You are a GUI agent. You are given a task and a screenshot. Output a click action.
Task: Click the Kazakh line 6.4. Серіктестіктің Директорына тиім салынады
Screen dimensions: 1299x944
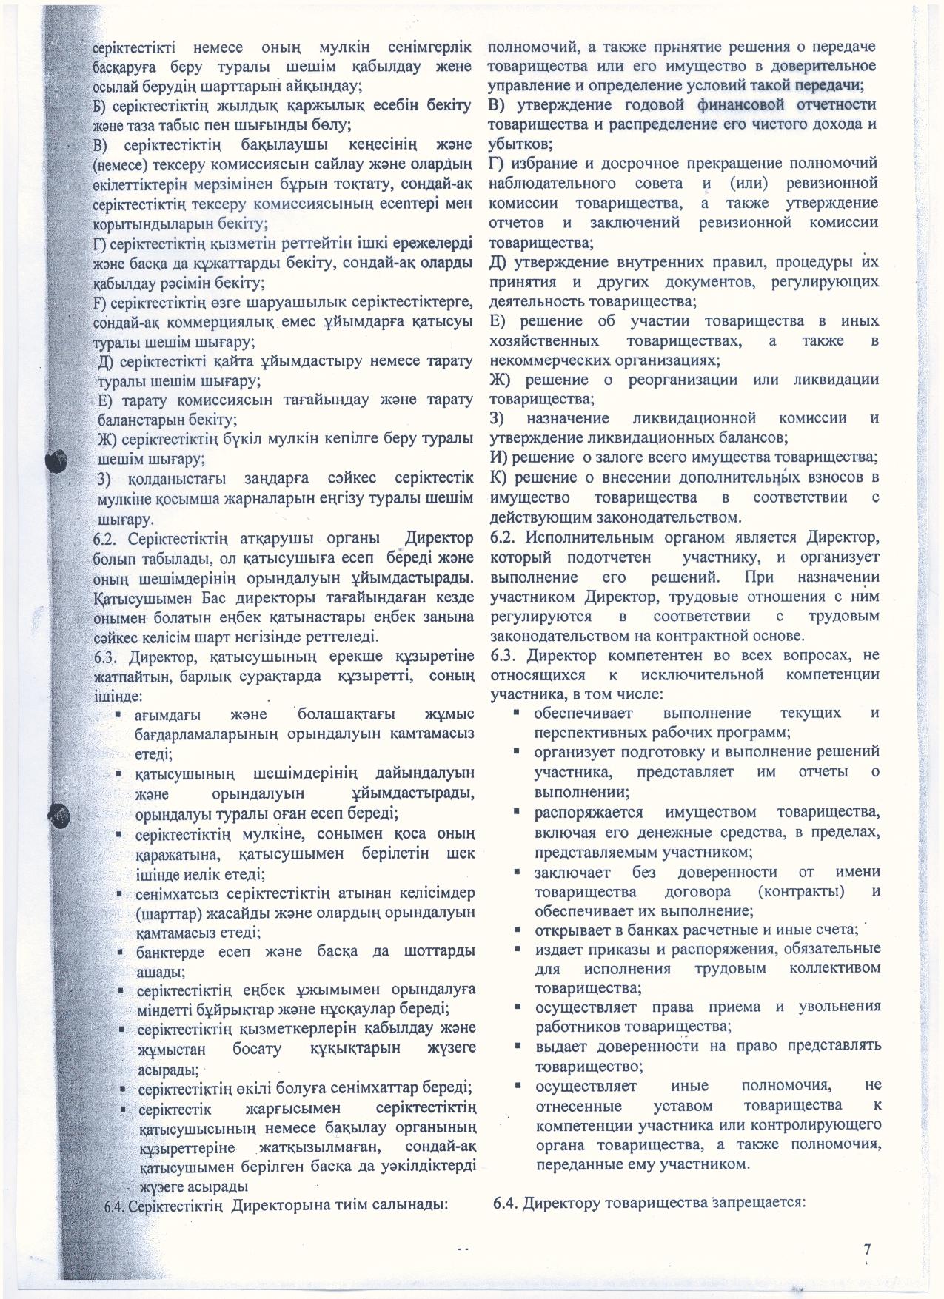(x=278, y=1205)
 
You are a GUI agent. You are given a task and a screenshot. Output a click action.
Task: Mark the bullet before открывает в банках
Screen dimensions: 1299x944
(x=520, y=928)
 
